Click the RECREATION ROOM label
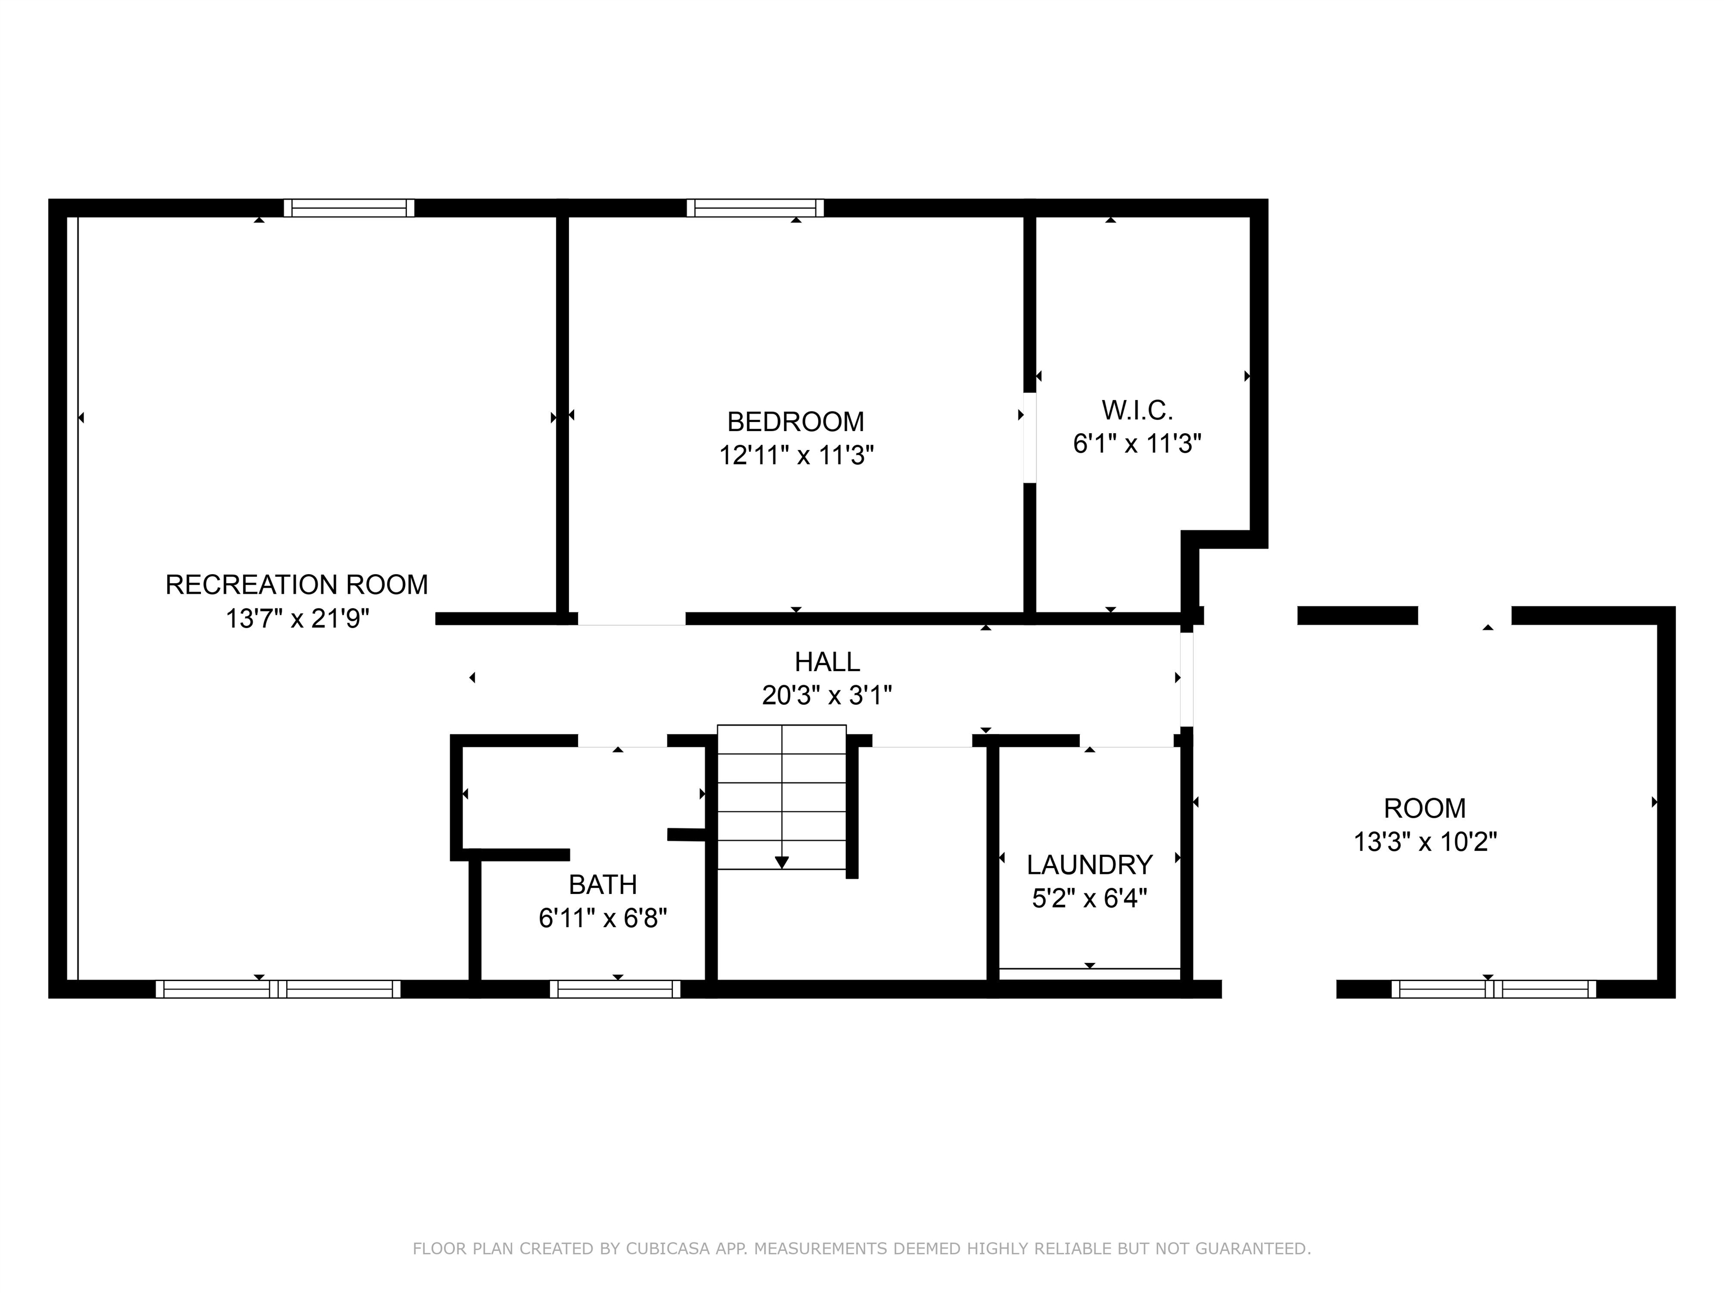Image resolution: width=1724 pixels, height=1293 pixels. point(296,585)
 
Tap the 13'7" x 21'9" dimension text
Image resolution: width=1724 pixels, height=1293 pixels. point(297,619)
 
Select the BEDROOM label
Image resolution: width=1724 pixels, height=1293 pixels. point(796,421)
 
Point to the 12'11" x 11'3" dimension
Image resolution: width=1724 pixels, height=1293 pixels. point(796,455)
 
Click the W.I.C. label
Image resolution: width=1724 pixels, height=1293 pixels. point(1137,410)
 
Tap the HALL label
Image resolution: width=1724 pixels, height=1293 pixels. point(827,662)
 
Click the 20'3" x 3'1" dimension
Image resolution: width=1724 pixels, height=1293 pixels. point(827,694)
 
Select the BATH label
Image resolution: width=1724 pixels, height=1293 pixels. point(603,884)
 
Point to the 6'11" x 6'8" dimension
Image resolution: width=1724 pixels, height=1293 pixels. point(603,918)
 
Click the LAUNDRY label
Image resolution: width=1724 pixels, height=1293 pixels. point(1090,865)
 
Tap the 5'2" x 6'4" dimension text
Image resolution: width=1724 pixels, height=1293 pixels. point(1090,898)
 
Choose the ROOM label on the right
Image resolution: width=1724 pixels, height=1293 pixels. point(1425,808)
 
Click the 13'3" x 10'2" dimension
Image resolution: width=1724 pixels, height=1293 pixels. point(1425,842)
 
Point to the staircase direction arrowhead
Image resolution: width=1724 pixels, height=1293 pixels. point(782,863)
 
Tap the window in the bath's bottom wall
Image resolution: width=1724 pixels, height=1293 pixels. point(615,989)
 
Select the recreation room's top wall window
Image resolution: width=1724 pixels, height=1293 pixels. point(349,208)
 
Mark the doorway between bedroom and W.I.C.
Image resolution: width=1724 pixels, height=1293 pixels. point(1030,438)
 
